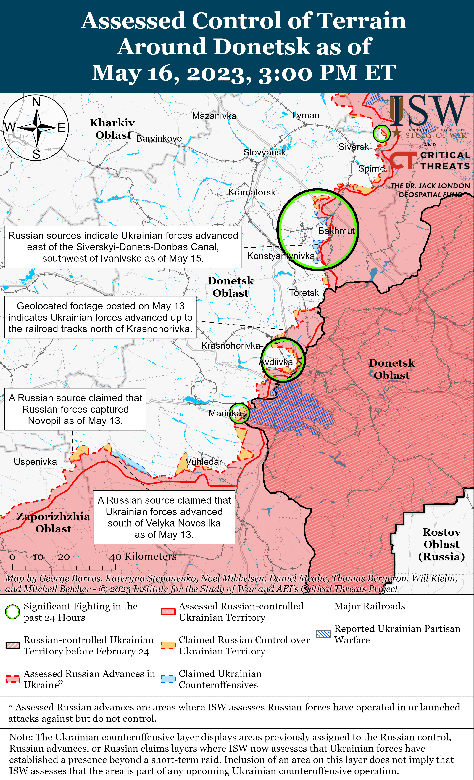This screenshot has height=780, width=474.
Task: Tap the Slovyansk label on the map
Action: [264, 152]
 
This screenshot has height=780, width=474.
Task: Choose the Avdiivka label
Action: [276, 362]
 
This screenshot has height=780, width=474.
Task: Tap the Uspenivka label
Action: [35, 462]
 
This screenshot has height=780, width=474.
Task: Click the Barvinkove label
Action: [159, 138]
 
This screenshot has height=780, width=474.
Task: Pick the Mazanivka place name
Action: [214, 116]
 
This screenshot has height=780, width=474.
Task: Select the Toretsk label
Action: [304, 293]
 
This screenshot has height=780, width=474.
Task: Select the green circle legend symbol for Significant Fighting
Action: [12, 612]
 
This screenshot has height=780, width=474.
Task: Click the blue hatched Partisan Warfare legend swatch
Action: [323, 634]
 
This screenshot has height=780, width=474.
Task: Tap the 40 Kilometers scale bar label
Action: [143, 556]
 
